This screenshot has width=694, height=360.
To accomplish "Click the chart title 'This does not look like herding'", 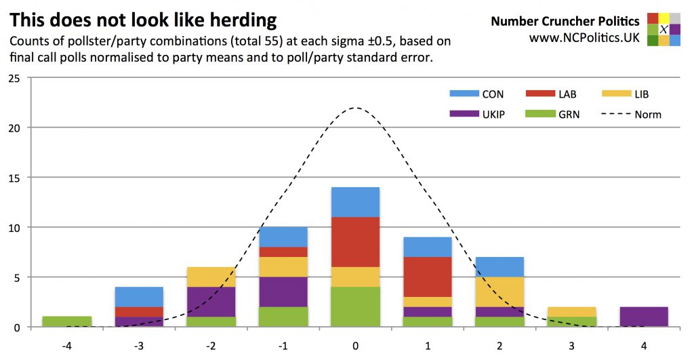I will tap(143, 19).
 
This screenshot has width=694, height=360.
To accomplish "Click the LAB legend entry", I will tap(552, 94).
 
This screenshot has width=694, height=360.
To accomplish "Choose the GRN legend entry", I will tap(552, 115).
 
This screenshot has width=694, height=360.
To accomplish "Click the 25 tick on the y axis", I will tap(14, 78).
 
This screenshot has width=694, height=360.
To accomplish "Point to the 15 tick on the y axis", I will tap(14, 178).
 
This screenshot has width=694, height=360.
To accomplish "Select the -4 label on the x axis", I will tap(66, 345).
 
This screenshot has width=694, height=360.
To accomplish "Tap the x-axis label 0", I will tap(355, 345).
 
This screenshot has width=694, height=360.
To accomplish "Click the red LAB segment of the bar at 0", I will tap(355, 242).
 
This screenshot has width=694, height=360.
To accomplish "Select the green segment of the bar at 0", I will tap(355, 306).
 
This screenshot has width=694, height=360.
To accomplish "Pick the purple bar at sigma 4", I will tap(644, 317).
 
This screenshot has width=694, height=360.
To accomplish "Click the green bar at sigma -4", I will tap(66, 321).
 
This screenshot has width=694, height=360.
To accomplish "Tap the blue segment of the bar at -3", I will tap(139, 297).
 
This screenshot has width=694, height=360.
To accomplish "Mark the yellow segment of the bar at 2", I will tap(499, 292).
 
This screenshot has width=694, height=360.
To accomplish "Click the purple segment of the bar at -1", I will tap(283, 292).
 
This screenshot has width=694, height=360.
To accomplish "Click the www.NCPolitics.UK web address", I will tap(584, 38).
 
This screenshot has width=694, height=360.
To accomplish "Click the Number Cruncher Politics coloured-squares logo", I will tap(664, 29).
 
